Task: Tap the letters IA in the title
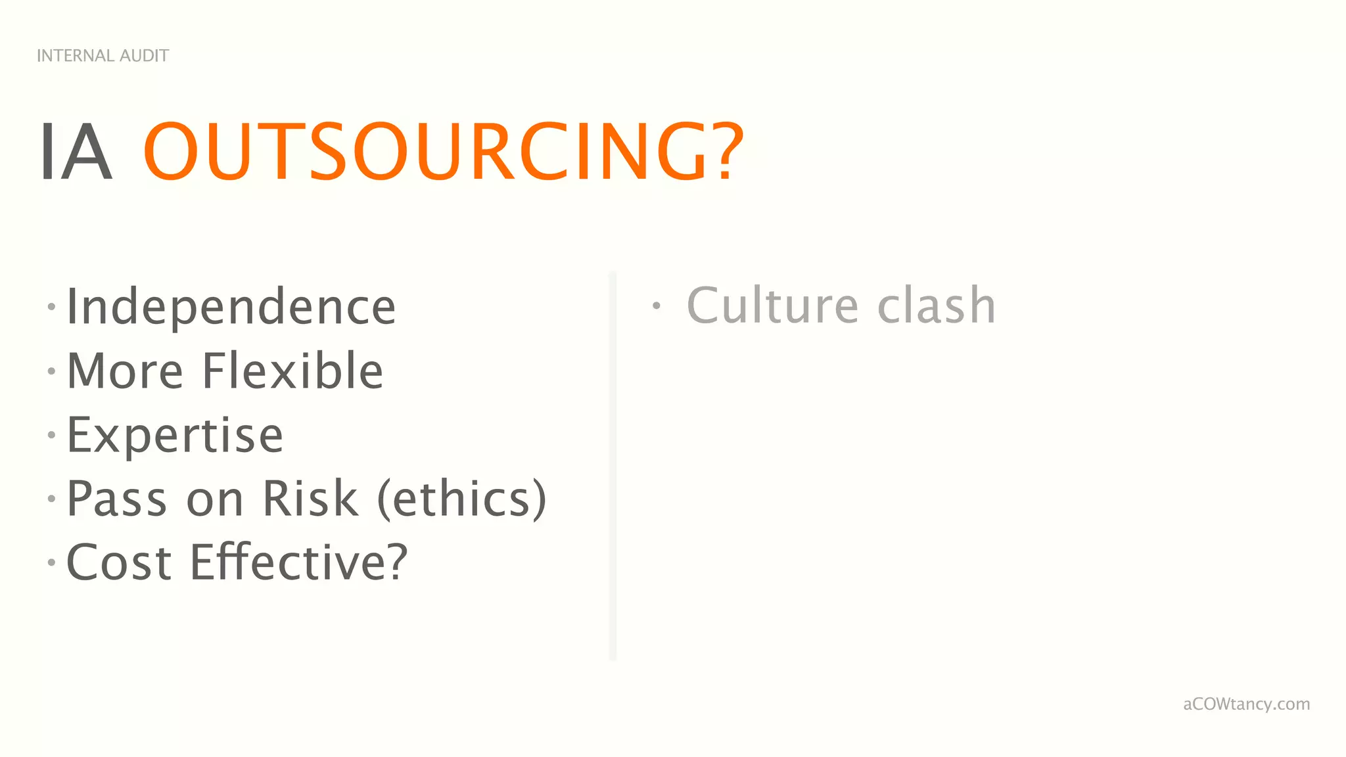pos(76,152)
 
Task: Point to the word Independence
pos(231,307)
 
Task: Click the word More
pos(125,371)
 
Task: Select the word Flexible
pos(292,371)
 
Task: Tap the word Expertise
pos(175,435)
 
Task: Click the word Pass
pos(117,499)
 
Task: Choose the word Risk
pos(310,499)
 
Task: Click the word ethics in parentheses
pos(461,499)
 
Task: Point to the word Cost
pos(119,562)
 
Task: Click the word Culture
pos(773,306)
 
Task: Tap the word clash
pos(937,306)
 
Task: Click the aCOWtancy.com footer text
pos(1246,704)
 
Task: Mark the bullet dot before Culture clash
pos(656,306)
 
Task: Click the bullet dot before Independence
pos(51,306)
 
